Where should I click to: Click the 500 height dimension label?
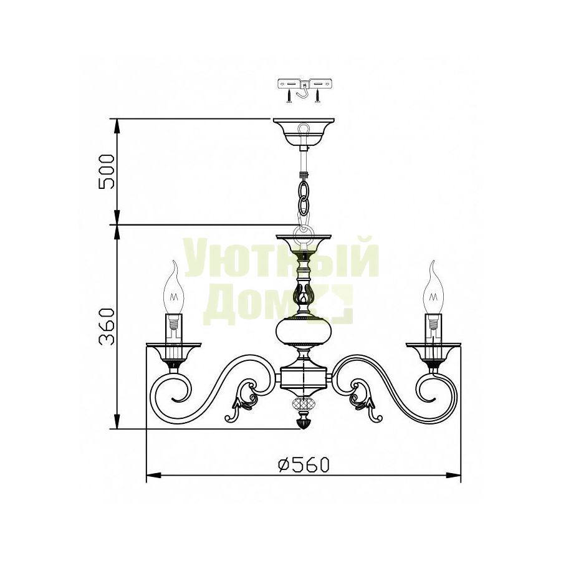point(107,171)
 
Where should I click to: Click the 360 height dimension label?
point(107,326)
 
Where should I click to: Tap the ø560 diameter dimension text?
point(303,465)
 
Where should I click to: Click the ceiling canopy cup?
point(304,133)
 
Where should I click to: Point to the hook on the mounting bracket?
point(303,93)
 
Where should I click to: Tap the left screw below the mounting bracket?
point(289,97)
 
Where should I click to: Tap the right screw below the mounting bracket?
point(317,97)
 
